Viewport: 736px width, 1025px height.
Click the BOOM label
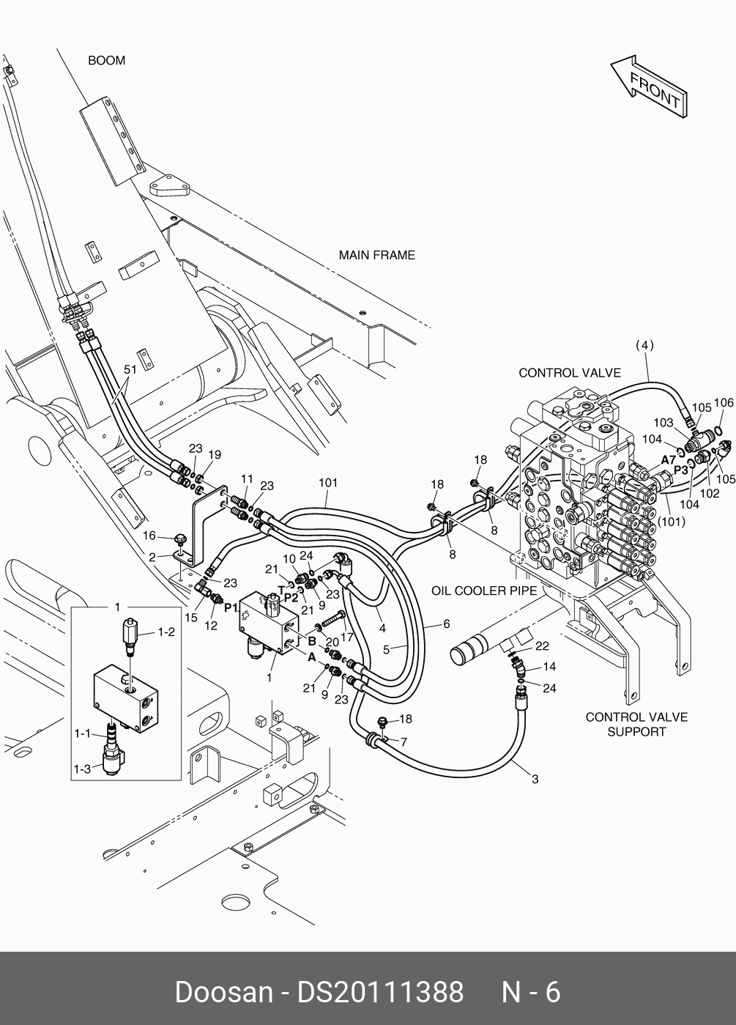[x=106, y=60]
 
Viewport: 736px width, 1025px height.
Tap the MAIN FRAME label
[x=376, y=255]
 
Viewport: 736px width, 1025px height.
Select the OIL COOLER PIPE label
[x=484, y=590]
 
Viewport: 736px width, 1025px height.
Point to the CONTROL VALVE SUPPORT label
[x=636, y=724]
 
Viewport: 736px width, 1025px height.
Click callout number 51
[x=130, y=370]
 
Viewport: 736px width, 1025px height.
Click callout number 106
[x=724, y=402]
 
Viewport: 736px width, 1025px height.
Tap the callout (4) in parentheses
[x=644, y=345]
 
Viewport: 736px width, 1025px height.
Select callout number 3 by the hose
[x=535, y=779]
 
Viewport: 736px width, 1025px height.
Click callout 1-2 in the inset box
[x=167, y=632]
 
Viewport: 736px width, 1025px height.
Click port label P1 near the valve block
[x=231, y=607]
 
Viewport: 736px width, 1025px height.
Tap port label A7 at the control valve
[x=669, y=459]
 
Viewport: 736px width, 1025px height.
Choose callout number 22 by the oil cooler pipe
[x=542, y=645]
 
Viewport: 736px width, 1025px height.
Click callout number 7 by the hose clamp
[x=404, y=742]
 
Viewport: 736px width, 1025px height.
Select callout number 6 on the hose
[x=446, y=624]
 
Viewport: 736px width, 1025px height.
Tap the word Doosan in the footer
[x=223, y=992]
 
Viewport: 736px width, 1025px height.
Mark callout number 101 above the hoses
[x=327, y=483]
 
